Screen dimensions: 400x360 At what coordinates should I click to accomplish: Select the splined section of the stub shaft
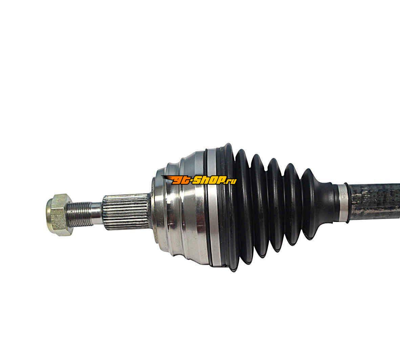click(x=126, y=212)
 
